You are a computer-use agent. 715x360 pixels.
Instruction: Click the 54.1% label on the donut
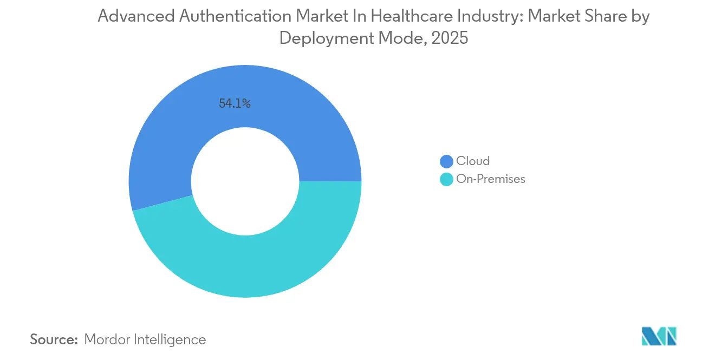pos(235,104)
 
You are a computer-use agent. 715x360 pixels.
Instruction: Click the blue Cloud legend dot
pos(446,161)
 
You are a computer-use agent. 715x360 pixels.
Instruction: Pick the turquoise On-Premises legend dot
pos(446,179)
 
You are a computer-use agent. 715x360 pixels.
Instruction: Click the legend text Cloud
pos(473,161)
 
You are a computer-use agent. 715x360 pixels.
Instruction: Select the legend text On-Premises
pos(491,179)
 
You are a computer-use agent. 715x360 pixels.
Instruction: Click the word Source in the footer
pos(54,339)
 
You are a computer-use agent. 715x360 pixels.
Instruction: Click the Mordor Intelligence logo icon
pos(659,336)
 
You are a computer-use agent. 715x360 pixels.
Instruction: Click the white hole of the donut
pos(245,181)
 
